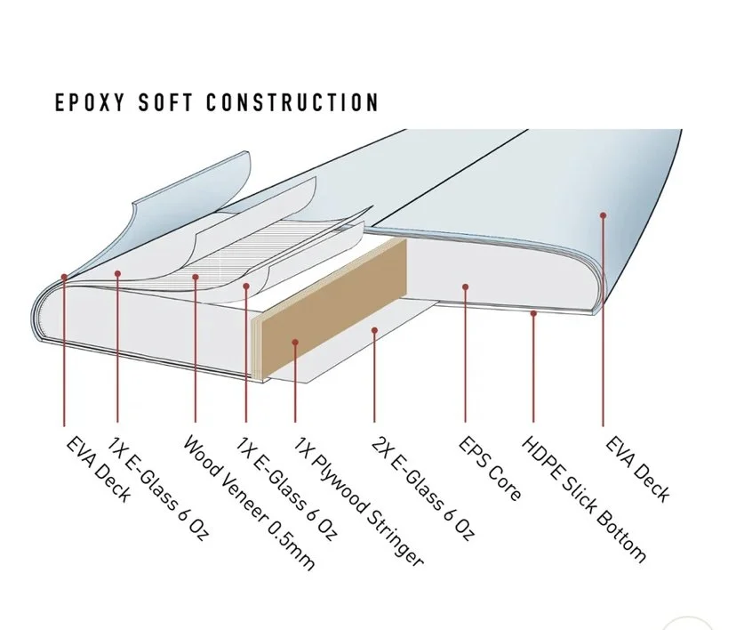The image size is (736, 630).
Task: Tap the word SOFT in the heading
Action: [x=164, y=102]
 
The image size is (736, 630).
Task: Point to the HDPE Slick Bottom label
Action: [x=582, y=498]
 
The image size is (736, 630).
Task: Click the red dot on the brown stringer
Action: [x=293, y=341]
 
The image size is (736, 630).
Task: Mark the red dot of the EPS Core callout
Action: [x=465, y=286]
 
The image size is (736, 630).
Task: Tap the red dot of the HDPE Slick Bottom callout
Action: [x=532, y=312]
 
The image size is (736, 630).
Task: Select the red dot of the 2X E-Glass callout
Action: [x=376, y=331]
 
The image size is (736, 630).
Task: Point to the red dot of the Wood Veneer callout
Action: [x=195, y=278]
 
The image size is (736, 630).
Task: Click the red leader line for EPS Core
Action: [x=465, y=356]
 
